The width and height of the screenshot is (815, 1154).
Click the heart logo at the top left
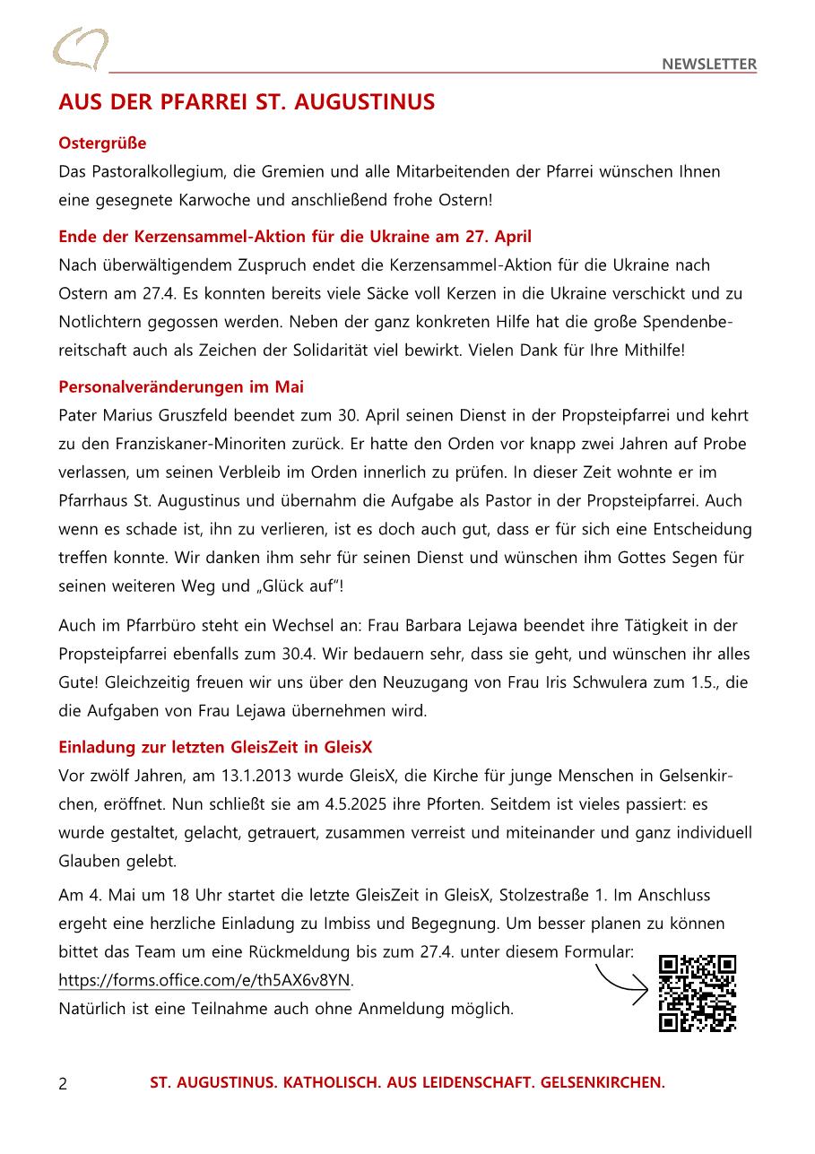[x=80, y=48]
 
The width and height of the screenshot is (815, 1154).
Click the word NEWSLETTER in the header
[x=709, y=64]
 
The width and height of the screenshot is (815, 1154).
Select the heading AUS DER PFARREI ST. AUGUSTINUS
[x=247, y=102]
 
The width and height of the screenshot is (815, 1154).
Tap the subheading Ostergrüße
[x=102, y=143]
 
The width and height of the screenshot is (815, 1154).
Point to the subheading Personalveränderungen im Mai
[x=181, y=386]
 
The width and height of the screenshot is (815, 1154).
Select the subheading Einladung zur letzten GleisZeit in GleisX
[x=215, y=747]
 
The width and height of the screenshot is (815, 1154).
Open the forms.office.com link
[x=205, y=980]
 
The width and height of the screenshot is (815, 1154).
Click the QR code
[x=698, y=993]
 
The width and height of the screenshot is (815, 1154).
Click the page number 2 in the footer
[x=63, y=1083]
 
